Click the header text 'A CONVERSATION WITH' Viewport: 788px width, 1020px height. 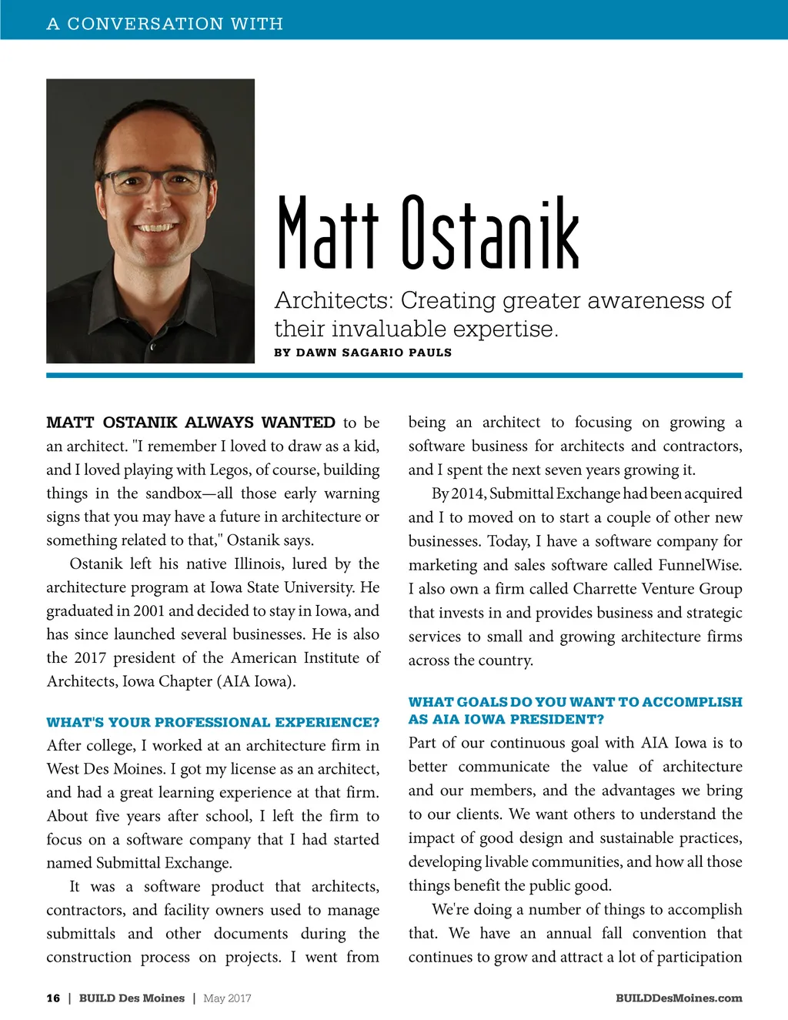pos(165,24)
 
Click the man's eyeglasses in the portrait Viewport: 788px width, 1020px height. pos(153,183)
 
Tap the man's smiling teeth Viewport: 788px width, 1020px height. pos(155,228)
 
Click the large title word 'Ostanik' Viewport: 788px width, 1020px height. pos(490,232)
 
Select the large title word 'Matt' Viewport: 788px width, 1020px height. pos(328,232)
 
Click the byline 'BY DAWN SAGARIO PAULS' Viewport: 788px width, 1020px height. pos(362,353)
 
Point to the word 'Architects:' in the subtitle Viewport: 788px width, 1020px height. pos(333,300)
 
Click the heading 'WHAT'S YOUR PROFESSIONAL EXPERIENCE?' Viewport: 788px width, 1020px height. pos(212,722)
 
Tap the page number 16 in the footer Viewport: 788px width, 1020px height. pos(53,998)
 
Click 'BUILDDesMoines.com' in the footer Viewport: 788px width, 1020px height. pos(679,998)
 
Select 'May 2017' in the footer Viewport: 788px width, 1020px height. pos(227,998)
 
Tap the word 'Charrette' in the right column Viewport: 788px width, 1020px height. pos(607,589)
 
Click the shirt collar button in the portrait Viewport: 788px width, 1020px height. pos(152,347)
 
